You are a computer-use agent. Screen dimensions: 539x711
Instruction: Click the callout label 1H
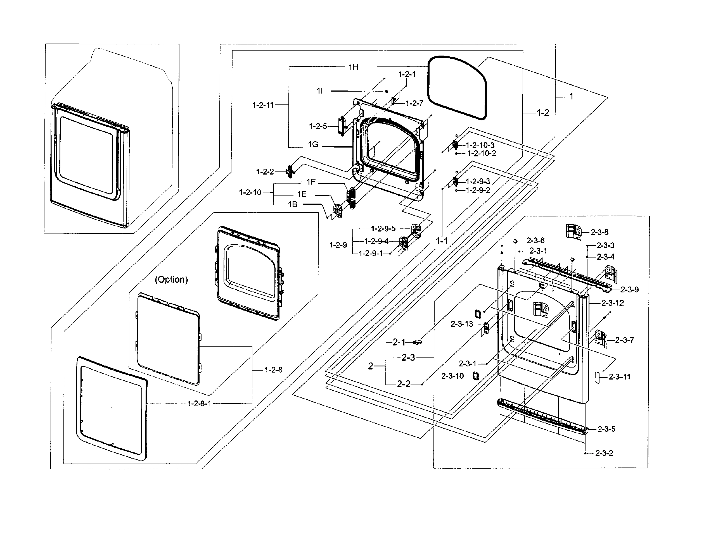pyautogui.click(x=353, y=67)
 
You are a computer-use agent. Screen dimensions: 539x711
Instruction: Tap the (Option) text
pyautogui.click(x=171, y=280)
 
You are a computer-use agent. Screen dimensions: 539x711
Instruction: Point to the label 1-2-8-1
pyautogui.click(x=199, y=404)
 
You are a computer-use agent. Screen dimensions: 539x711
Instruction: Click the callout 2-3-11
pyautogui.click(x=619, y=377)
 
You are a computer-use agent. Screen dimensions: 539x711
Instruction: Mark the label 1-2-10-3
pyautogui.click(x=480, y=145)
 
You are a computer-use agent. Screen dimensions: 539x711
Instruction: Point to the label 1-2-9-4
pyautogui.click(x=376, y=241)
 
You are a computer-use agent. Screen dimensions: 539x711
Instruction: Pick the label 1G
pyautogui.click(x=313, y=145)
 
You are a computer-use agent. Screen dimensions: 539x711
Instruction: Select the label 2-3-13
pyautogui.click(x=462, y=324)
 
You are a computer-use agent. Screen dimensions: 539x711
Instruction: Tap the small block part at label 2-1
pyautogui.click(x=417, y=342)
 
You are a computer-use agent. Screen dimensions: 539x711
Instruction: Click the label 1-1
pyautogui.click(x=441, y=241)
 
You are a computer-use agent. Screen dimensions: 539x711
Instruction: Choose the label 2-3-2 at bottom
pyautogui.click(x=604, y=453)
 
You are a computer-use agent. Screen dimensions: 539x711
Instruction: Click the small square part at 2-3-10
pyautogui.click(x=475, y=376)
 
